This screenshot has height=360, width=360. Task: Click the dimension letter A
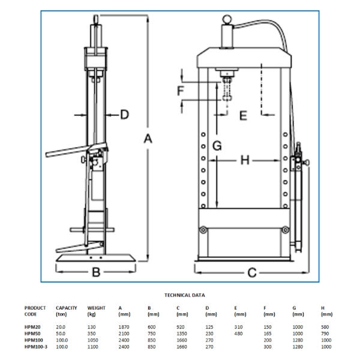pyautogui.click(x=148, y=139)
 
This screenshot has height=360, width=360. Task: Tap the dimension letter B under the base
pyautogui.click(x=96, y=272)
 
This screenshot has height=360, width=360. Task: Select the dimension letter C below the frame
pyautogui.click(x=252, y=273)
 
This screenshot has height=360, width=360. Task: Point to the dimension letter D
pyautogui.click(x=124, y=115)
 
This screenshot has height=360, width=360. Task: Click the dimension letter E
pyautogui.click(x=244, y=115)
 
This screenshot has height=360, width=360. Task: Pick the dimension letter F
pyautogui.click(x=181, y=91)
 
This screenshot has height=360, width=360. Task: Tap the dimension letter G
pyautogui.click(x=217, y=146)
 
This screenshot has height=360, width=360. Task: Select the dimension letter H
pyautogui.click(x=245, y=160)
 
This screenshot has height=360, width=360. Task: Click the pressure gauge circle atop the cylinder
pyautogui.click(x=227, y=19)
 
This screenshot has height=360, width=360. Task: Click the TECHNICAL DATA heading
pyautogui.click(x=185, y=295)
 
